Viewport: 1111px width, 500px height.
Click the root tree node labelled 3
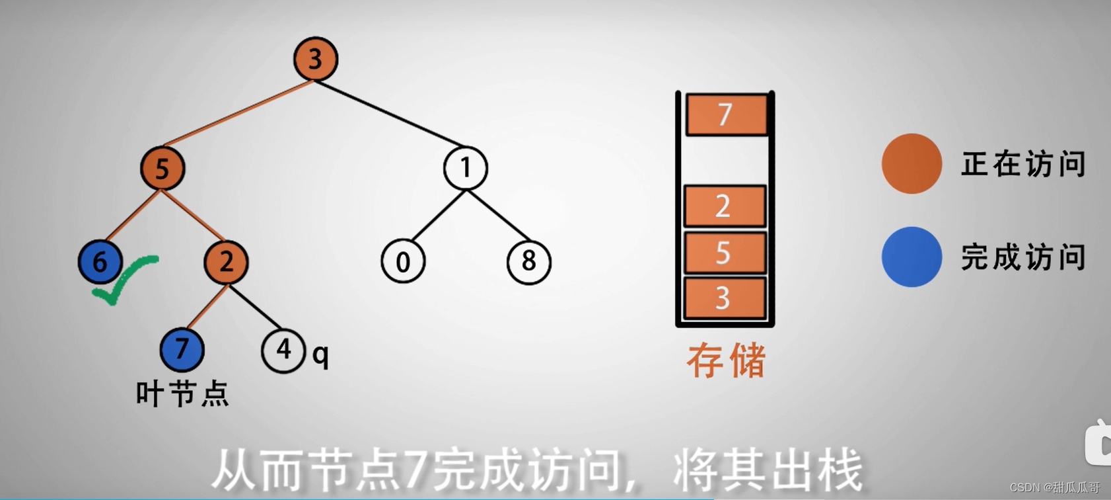(x=316, y=59)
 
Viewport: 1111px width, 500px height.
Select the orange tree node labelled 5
(x=162, y=168)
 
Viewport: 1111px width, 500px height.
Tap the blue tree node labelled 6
(x=100, y=262)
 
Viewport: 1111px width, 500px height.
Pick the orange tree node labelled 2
(x=226, y=262)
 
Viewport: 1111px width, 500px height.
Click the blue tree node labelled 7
(x=182, y=349)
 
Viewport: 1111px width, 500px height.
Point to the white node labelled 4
(x=283, y=351)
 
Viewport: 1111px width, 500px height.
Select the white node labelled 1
(x=466, y=168)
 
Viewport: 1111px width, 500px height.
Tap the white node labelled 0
(x=403, y=262)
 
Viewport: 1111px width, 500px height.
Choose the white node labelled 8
(x=528, y=262)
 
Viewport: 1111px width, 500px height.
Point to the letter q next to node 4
(x=320, y=355)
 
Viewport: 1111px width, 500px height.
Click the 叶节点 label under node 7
(x=182, y=394)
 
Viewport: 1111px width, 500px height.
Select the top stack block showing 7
(x=726, y=114)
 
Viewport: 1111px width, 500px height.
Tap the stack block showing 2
(x=725, y=206)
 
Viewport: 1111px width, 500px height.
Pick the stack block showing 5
(x=725, y=253)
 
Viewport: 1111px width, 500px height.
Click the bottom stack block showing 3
(x=725, y=298)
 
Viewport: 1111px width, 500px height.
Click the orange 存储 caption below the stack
(x=726, y=361)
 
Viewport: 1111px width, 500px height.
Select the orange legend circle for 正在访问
(x=912, y=163)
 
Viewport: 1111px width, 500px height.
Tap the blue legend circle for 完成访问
(x=912, y=257)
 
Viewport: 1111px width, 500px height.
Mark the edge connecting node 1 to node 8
(x=499, y=216)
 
